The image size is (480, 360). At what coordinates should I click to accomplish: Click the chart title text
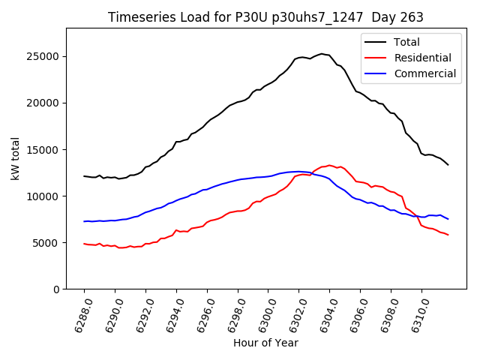(265, 17)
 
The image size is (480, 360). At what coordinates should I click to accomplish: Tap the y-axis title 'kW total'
(16, 158)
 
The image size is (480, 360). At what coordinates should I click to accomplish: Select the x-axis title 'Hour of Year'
(265, 343)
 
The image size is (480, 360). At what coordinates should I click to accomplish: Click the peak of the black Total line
(322, 54)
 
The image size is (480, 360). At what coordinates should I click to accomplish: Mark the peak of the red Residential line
(328, 165)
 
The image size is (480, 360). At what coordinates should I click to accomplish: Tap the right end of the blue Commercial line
(448, 219)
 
